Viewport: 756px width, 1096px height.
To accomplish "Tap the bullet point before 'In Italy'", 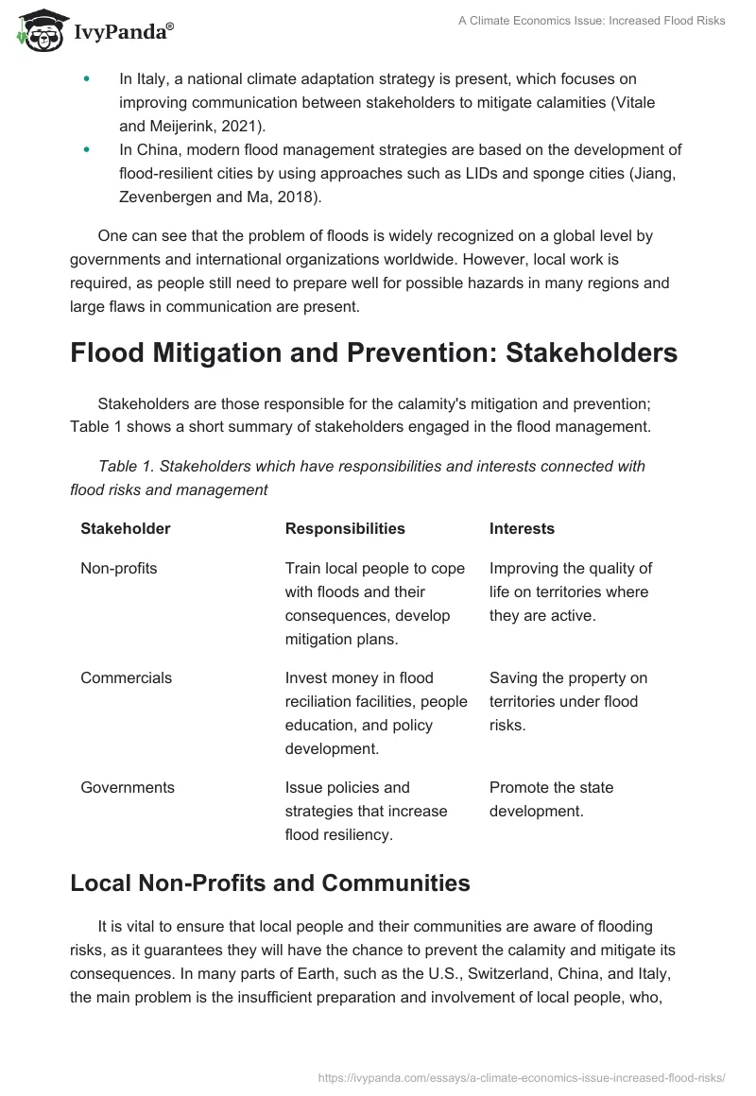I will [88, 79].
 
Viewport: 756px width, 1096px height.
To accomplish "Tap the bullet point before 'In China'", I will [88, 150].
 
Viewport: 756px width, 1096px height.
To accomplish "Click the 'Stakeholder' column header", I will [126, 528].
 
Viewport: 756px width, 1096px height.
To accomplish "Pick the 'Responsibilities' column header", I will [345, 528].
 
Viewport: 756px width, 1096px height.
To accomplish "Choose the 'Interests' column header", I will [522, 528].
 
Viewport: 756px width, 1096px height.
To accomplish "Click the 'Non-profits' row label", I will [119, 568].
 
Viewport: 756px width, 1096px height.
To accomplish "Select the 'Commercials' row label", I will [126, 677].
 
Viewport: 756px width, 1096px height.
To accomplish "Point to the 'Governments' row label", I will [128, 787].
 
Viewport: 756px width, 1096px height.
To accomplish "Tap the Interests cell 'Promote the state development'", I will [551, 798].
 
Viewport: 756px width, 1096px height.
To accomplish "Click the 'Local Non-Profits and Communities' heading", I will [270, 882].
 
